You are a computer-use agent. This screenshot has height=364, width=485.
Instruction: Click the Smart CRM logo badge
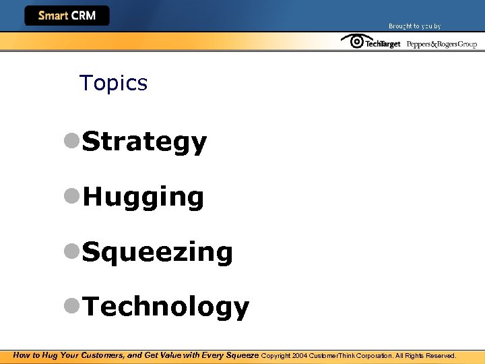pyautogui.click(x=67, y=16)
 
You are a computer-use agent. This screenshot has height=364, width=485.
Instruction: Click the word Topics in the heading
pyautogui.click(x=113, y=83)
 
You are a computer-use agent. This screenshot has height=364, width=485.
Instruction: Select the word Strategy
pyautogui.click(x=144, y=142)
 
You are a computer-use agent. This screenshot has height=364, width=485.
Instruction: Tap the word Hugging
pyautogui.click(x=143, y=198)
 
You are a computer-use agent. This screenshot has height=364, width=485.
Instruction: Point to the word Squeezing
pyautogui.click(x=157, y=253)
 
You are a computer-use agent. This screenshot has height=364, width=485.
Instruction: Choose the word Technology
pyautogui.click(x=165, y=307)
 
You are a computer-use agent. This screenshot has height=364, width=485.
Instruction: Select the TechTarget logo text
pyautogui.click(x=383, y=44)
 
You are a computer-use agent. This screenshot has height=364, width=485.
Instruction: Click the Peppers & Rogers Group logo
pyautogui.click(x=441, y=44)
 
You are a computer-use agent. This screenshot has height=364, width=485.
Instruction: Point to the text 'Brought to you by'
pyautogui.click(x=414, y=26)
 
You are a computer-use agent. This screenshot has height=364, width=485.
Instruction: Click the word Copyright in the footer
pyautogui.click(x=276, y=355)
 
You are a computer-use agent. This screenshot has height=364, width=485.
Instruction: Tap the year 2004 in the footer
pyautogui.click(x=300, y=355)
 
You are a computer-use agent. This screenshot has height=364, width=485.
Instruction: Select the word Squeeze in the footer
pyautogui.click(x=241, y=355)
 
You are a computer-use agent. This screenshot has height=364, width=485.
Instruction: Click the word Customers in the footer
pyautogui.click(x=101, y=355)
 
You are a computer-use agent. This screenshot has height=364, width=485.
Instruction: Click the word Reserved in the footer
pyautogui.click(x=441, y=355)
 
